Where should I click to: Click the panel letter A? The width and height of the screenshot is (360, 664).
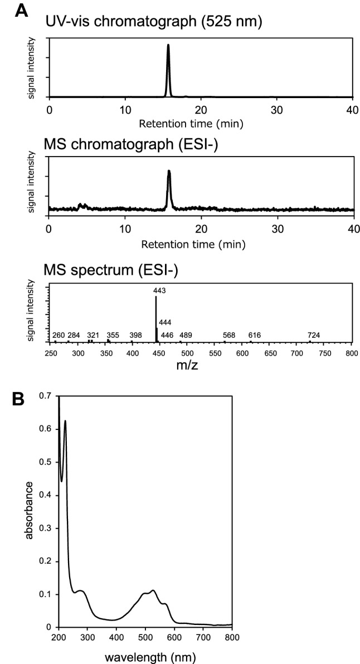[x=21, y=10]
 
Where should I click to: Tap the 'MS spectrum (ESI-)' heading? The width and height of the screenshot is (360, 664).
[x=100, y=271]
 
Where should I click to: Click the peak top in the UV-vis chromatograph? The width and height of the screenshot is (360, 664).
[x=168, y=45]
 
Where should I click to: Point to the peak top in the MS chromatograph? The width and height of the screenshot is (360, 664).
[x=169, y=171]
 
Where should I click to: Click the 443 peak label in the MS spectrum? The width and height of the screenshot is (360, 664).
[x=155, y=290]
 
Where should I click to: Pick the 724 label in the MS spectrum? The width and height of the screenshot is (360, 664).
[x=314, y=335]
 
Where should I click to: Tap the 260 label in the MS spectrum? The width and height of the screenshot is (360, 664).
[x=59, y=335]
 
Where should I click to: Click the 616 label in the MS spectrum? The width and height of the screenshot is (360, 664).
[x=255, y=335]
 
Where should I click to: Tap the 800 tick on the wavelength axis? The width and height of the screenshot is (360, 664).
[x=232, y=638]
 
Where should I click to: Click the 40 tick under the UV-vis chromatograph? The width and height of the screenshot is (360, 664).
[x=352, y=110]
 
